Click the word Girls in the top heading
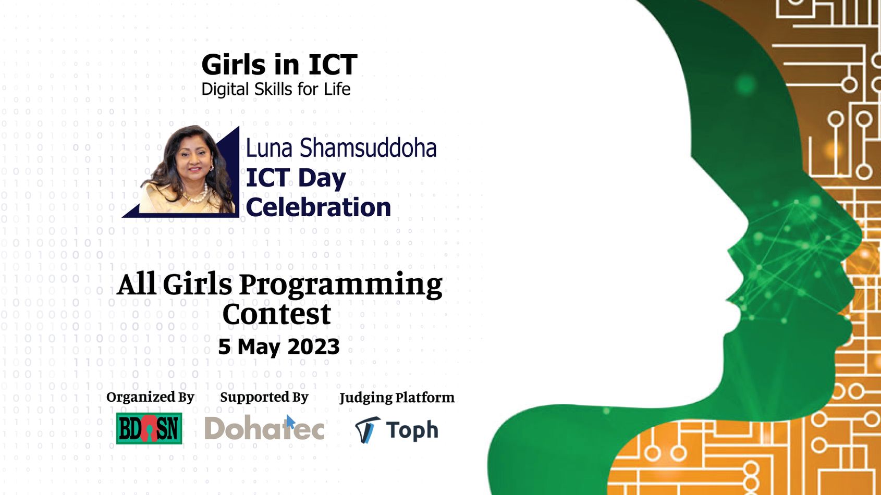click(x=234, y=65)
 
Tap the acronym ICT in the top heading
click(x=333, y=65)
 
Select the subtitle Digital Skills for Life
click(x=276, y=90)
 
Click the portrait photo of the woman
click(x=188, y=170)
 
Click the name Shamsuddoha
click(x=368, y=148)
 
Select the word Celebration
click(x=318, y=207)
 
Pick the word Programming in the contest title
click(x=341, y=286)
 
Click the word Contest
click(x=276, y=314)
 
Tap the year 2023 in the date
click(x=313, y=346)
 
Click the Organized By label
click(x=150, y=398)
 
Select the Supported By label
click(x=264, y=398)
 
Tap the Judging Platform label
click(x=397, y=398)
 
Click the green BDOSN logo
click(x=149, y=428)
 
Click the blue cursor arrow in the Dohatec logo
click(x=291, y=422)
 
